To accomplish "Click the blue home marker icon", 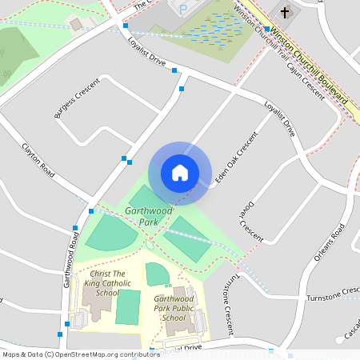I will click(180, 173).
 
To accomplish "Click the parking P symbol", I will click(182, 9).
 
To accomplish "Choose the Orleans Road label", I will click(329, 243).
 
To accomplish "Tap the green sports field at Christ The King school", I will click(127, 307).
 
